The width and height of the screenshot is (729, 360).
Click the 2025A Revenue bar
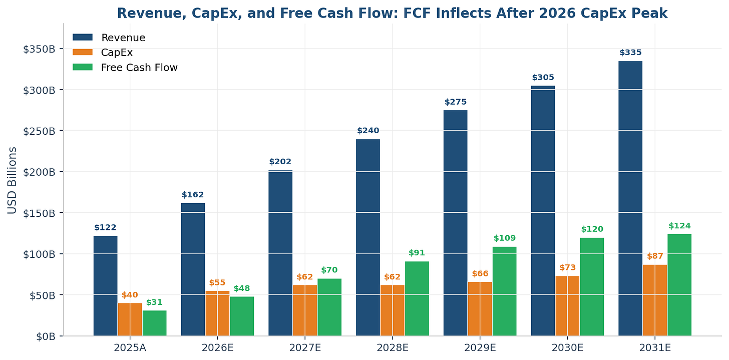pyautogui.click(x=106, y=286)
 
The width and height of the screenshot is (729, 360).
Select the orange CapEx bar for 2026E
pyautogui.click(x=217, y=313)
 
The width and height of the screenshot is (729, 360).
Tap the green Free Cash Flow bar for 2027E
pyautogui.click(x=329, y=307)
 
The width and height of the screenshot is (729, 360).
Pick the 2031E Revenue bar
pyautogui.click(x=630, y=198)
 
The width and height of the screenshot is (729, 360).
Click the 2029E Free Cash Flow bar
pyautogui.click(x=505, y=291)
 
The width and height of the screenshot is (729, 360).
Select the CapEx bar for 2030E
pyautogui.click(x=568, y=306)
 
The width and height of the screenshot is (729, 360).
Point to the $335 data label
pyautogui.click(x=630, y=53)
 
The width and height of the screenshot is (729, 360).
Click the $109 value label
pyautogui.click(x=505, y=238)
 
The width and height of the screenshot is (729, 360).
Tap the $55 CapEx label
pyautogui.click(x=217, y=282)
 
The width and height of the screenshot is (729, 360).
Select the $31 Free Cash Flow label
pyautogui.click(x=154, y=302)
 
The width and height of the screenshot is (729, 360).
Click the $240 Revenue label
pyautogui.click(x=368, y=131)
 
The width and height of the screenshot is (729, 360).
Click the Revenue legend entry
pyautogui.click(x=109, y=38)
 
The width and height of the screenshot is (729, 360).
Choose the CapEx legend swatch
pyautogui.click(x=83, y=52)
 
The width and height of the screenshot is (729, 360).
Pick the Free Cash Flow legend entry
pyautogui.click(x=125, y=68)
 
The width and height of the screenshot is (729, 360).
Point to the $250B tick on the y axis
pyautogui.click(x=39, y=131)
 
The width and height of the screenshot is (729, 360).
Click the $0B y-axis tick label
pyautogui.click(x=46, y=336)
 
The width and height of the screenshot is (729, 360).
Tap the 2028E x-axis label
pyautogui.click(x=393, y=348)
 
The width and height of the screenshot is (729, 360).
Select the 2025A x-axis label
pyautogui.click(x=130, y=348)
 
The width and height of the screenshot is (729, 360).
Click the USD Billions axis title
pyautogui.click(x=12, y=180)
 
